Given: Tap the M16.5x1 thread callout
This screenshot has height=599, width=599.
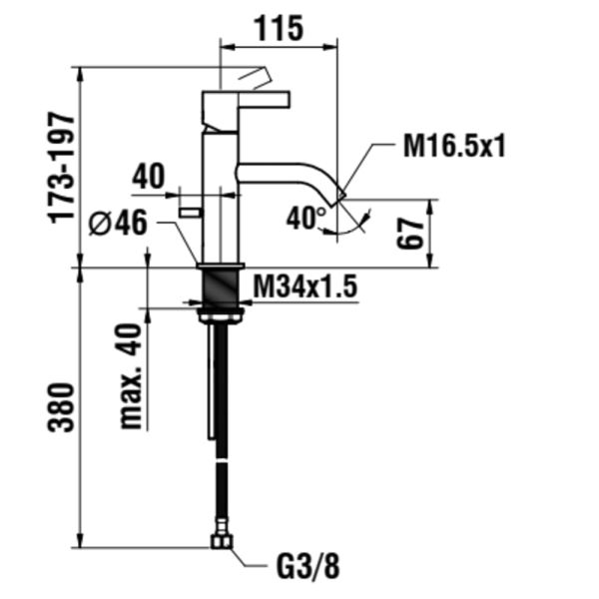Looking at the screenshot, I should [x=454, y=147].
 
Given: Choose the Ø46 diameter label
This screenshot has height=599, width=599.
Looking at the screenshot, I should [x=118, y=224].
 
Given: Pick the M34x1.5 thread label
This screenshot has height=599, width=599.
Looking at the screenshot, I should [x=304, y=288].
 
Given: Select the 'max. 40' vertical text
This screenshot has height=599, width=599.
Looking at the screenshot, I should [x=131, y=374].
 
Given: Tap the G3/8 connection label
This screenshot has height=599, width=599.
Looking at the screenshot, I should [x=306, y=568].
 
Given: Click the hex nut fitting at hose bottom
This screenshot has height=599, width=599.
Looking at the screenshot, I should [x=221, y=543].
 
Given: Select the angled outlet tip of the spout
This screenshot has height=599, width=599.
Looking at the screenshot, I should [x=338, y=193].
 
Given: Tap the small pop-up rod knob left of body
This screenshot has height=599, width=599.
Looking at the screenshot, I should [x=189, y=210].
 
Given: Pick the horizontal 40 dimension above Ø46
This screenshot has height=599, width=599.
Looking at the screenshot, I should [x=148, y=178].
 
